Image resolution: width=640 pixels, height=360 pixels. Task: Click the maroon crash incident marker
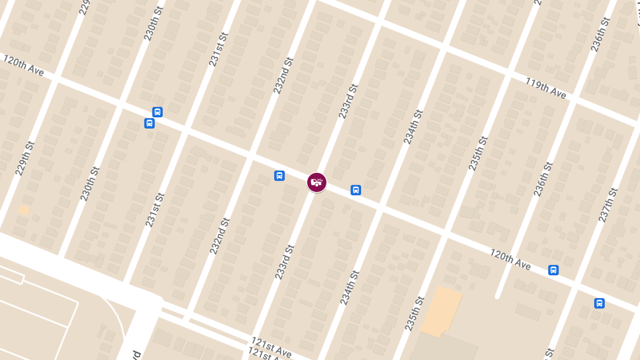(317, 182)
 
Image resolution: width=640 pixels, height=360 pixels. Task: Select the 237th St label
(608, 205)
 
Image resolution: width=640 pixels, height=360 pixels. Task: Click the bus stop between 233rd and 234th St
(356, 190)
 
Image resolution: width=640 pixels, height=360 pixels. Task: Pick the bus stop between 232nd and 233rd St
(279, 175)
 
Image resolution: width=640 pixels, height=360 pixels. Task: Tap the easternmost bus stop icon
(599, 303)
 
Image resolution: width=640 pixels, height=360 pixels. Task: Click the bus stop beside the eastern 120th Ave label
(554, 270)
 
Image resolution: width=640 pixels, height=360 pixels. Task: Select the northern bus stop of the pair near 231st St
(157, 112)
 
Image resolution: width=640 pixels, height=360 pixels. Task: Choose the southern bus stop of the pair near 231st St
(149, 123)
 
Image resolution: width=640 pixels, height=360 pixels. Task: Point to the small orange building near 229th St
(23, 210)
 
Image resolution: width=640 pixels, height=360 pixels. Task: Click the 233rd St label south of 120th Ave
(285, 261)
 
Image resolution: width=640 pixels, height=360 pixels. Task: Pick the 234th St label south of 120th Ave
(350, 287)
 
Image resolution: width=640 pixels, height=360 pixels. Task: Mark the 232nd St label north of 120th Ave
(284, 76)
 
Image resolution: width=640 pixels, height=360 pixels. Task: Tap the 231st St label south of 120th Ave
(155, 210)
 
